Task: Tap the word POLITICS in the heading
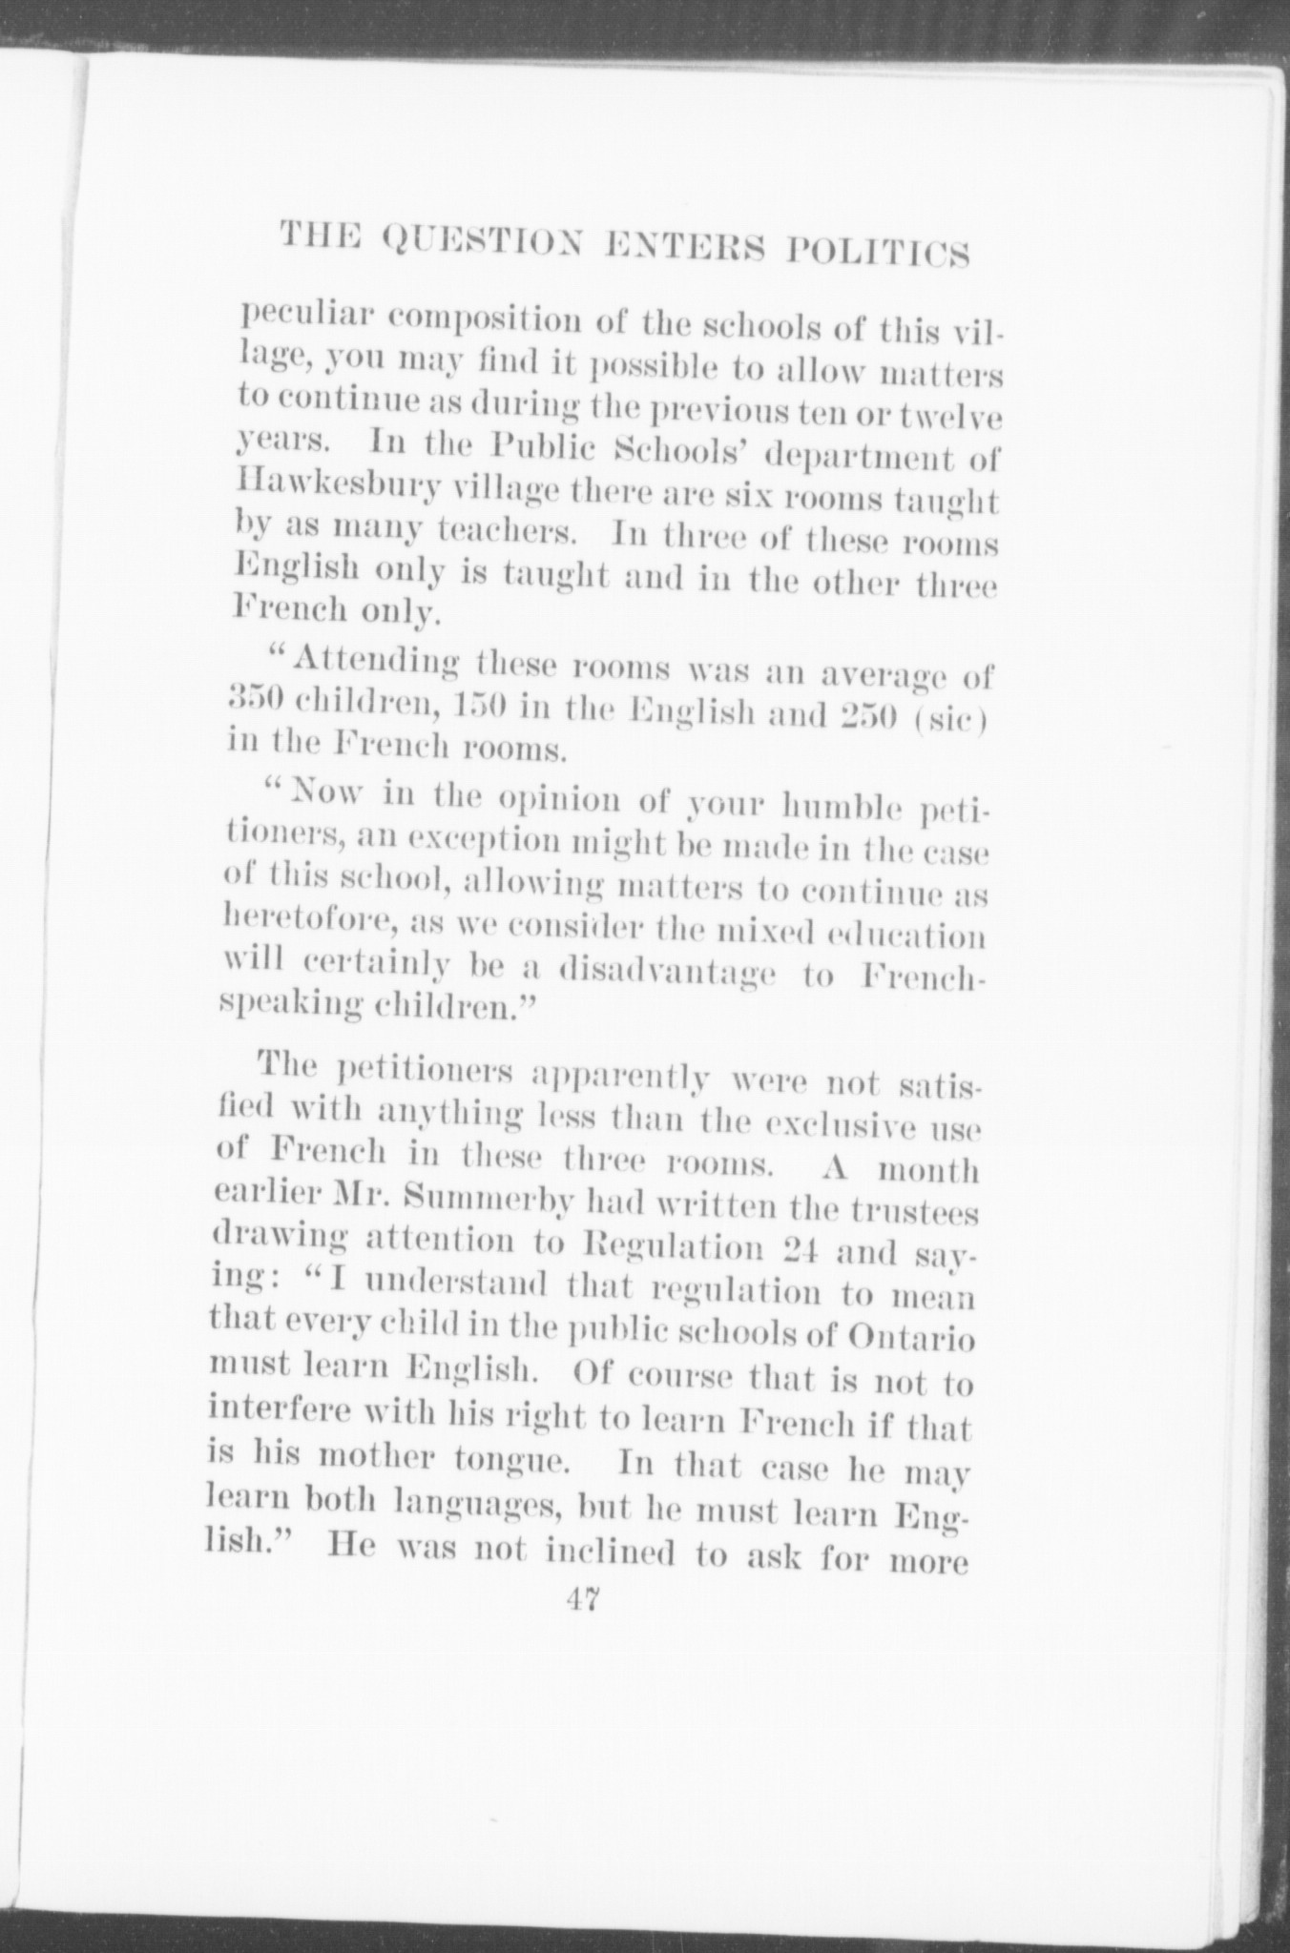[877, 254]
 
